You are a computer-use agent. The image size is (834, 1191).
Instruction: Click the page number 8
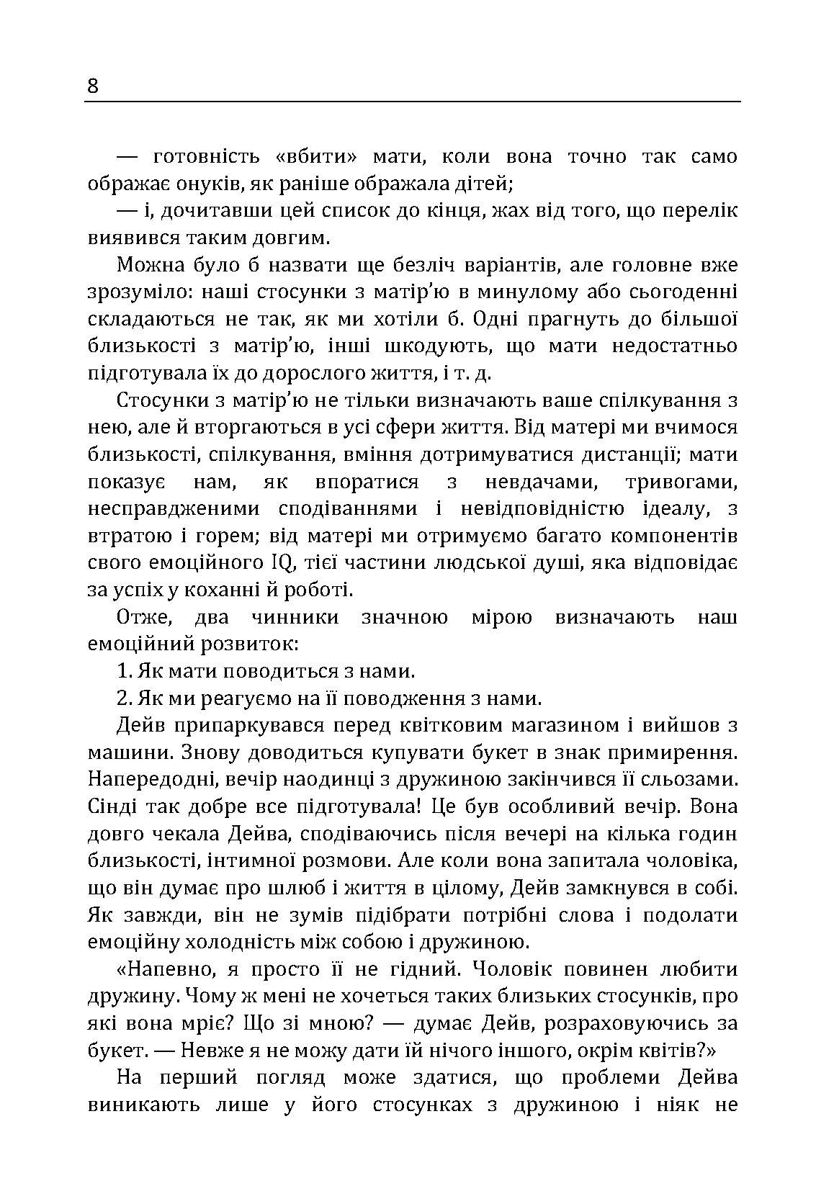pos(93,86)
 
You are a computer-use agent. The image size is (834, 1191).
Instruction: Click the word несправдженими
pos(174,508)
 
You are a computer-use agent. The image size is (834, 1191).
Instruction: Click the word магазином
pos(557,726)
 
